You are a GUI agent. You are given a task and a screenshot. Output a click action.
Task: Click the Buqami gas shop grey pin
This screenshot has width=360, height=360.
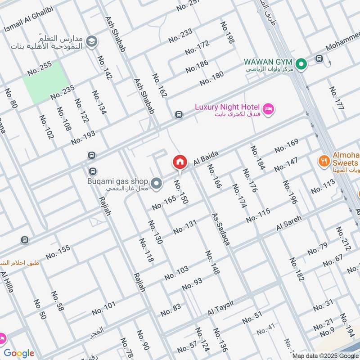pyautogui.click(x=157, y=183)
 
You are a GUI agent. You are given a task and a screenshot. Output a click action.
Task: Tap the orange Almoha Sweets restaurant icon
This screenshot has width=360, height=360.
pyautogui.click(x=323, y=160)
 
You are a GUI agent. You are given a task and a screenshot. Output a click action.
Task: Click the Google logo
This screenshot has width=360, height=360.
pyautogui.click(x=19, y=353)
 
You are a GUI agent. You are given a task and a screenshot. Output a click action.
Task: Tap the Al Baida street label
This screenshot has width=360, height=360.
pyautogui.click(x=206, y=158)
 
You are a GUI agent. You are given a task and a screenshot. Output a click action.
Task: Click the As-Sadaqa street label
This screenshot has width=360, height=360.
pyautogui.click(x=221, y=229)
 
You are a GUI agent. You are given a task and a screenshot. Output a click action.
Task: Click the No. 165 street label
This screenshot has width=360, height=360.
pyautogui.click(x=163, y=203)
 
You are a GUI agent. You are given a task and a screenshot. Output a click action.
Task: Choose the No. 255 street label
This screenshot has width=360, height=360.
pyautogui.click(x=40, y=68)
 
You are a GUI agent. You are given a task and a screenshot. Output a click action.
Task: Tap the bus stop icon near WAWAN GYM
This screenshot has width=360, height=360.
pyautogui.click(x=319, y=58)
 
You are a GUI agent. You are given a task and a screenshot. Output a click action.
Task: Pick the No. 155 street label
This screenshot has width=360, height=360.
pyautogui.click(x=58, y=252)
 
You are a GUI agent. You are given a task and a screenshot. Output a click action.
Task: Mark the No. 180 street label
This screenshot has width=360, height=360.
pyautogui.click(x=211, y=79)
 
